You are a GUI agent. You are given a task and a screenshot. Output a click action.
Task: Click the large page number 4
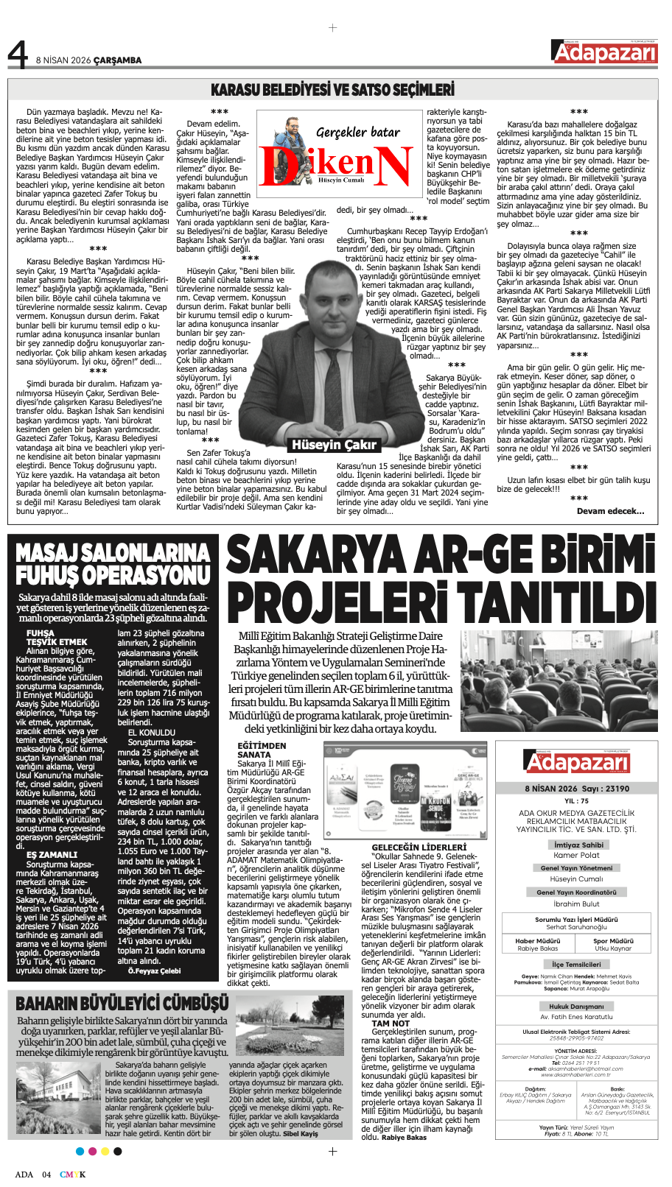pos(18,54)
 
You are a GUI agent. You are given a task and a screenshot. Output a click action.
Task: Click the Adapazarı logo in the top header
pos(604,52)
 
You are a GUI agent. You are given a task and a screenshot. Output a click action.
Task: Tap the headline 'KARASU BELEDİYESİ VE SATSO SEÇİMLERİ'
pos(332,90)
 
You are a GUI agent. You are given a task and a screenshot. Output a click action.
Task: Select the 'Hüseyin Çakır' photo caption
pos(334,444)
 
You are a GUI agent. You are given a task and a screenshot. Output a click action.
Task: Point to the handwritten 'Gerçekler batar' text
pos(357,133)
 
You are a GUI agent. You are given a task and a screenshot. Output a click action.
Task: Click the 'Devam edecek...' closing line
pos(610,511)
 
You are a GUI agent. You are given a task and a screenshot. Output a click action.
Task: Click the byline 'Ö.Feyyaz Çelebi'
pos(154,971)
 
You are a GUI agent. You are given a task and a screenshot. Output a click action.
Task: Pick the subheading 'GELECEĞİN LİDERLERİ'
pos(419,848)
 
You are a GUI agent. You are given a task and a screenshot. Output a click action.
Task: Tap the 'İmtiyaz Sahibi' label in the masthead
pos(578,845)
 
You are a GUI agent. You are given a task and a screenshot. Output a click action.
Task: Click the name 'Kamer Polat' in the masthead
pos(576,855)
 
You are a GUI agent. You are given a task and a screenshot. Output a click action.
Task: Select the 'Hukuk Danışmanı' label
pos(576,1006)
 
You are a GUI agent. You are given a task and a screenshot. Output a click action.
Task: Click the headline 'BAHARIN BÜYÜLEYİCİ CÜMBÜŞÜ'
pos(122,1004)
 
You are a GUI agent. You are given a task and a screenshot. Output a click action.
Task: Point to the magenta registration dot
pos(92,1151)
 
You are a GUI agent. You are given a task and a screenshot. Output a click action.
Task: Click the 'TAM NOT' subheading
pos(391,1024)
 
